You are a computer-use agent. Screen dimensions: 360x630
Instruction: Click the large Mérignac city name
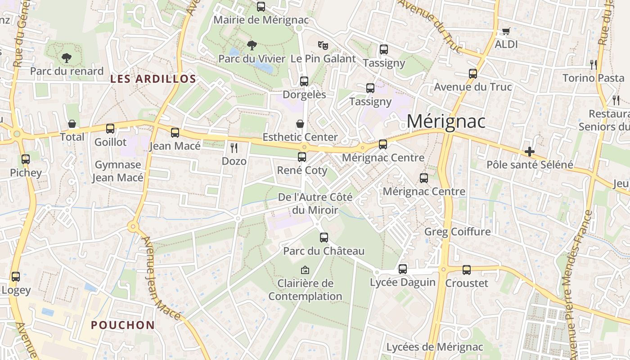pyautogui.click(x=446, y=121)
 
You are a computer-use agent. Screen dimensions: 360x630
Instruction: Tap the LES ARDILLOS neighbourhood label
pyautogui.click(x=153, y=79)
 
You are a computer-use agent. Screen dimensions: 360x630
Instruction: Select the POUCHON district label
pyautogui.click(x=123, y=325)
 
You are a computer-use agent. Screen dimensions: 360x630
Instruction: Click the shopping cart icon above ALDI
pyautogui.click(x=506, y=31)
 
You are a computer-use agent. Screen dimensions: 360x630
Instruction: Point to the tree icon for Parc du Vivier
pyautogui.click(x=252, y=45)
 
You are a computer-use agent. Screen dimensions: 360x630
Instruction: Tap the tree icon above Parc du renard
pyautogui.click(x=67, y=58)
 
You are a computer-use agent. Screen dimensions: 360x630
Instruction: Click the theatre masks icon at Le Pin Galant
pyautogui.click(x=323, y=45)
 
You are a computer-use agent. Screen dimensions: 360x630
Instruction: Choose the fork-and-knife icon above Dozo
pyautogui.click(x=234, y=148)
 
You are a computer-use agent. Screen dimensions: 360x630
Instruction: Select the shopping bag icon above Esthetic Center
pyautogui.click(x=300, y=124)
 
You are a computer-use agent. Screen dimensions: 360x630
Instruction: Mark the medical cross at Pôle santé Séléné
pyautogui.click(x=530, y=152)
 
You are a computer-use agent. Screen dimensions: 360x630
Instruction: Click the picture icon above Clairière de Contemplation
pyautogui.click(x=305, y=270)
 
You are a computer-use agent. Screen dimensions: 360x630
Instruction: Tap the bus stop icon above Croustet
pyautogui.click(x=467, y=270)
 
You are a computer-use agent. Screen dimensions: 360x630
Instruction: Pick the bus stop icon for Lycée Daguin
pyautogui.click(x=403, y=269)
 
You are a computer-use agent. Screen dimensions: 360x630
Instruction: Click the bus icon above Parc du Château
pyautogui.click(x=324, y=238)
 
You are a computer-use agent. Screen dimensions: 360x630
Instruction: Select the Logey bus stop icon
pyautogui.click(x=16, y=277)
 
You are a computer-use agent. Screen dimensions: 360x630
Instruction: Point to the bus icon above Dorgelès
pyautogui.click(x=304, y=81)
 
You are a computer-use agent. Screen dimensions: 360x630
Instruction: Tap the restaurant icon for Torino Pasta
pyautogui.click(x=593, y=65)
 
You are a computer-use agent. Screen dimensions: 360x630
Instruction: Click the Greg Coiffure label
pyautogui.click(x=458, y=232)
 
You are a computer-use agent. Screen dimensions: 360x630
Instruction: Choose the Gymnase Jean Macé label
pyautogui.click(x=117, y=171)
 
